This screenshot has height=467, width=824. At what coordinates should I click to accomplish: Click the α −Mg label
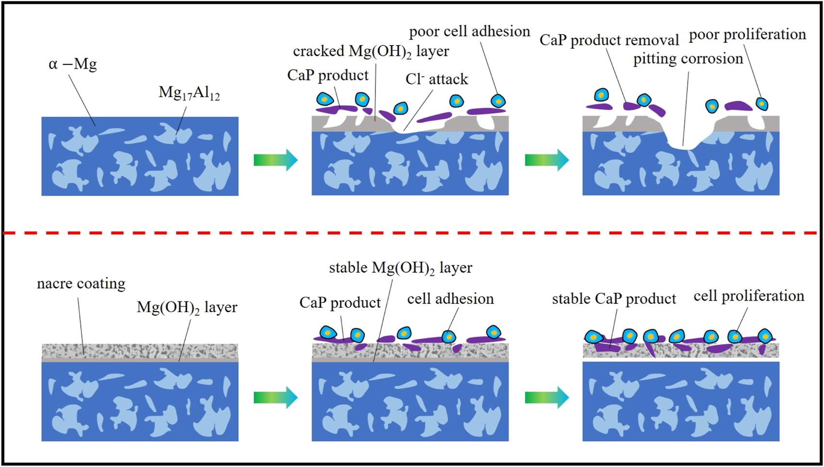(73, 65)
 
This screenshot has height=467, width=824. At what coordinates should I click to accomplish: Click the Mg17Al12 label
(189, 93)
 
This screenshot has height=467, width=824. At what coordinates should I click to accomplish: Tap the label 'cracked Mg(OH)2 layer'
(371, 51)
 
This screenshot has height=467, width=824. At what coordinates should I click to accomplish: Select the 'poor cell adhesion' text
(469, 32)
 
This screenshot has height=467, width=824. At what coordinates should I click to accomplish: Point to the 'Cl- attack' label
(436, 79)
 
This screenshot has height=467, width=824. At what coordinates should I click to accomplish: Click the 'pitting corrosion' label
(688, 59)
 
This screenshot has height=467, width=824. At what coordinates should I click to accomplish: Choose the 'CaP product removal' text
(609, 40)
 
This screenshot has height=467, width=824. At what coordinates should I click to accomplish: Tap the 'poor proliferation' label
(747, 34)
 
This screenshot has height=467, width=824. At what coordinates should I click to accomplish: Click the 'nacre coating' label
(81, 284)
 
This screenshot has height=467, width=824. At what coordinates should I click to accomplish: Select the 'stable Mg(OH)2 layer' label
(400, 268)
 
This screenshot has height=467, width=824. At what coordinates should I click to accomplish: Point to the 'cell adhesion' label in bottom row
(450, 299)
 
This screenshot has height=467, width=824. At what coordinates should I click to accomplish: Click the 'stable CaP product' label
(614, 299)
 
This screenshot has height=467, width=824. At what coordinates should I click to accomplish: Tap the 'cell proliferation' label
(749, 296)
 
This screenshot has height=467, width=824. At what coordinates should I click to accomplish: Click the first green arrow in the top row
(275, 160)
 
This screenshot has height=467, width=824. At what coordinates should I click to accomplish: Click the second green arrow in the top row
(546, 160)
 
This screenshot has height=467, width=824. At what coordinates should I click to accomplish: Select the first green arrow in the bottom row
(275, 398)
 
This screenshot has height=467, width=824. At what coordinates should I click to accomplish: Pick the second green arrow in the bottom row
(546, 398)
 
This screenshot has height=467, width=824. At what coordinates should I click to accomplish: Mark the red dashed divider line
(412, 233)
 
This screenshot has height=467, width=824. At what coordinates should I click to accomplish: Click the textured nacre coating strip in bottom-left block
(140, 350)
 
